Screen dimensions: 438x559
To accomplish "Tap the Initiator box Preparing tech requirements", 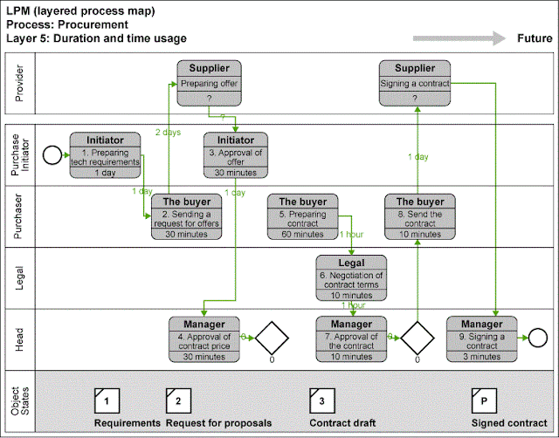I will (x=105, y=155).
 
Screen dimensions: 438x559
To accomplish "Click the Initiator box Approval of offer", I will (x=236, y=155).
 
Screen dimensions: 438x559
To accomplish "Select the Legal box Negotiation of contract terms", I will (x=350, y=277).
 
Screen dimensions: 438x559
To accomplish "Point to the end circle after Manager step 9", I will (x=535, y=336).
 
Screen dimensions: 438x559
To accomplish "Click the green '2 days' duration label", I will (x=169, y=132).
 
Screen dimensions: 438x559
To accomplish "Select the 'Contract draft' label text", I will (x=342, y=423).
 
